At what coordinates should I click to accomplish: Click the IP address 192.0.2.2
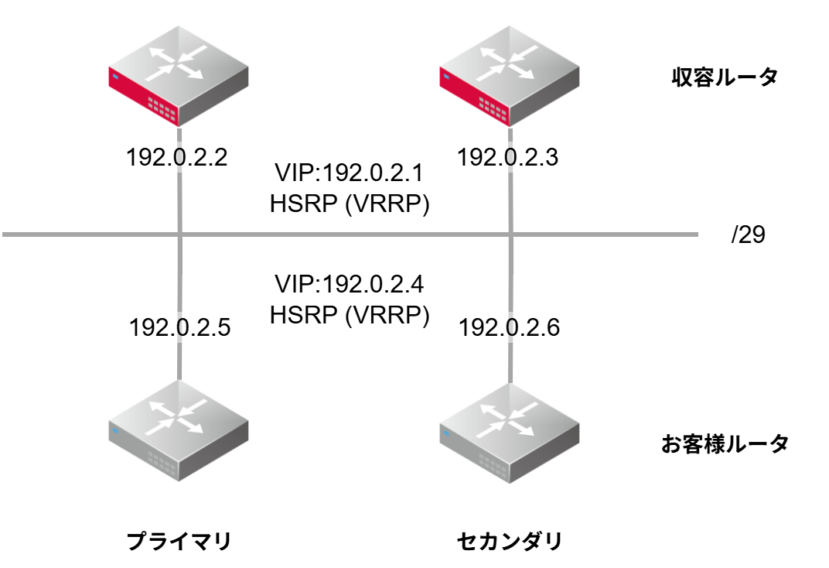pyautogui.click(x=176, y=159)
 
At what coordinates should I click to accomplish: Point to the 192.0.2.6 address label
pyautogui.click(x=509, y=327)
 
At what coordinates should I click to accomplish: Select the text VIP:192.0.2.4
pyautogui.click(x=350, y=285)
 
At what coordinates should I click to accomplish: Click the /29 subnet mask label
pyautogui.click(x=748, y=235)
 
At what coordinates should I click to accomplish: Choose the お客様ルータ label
pyautogui.click(x=725, y=443)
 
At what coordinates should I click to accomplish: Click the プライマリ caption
pyautogui.click(x=179, y=541)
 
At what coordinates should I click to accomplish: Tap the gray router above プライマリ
pyautogui.click(x=179, y=437)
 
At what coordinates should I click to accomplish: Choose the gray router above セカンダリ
pyautogui.click(x=510, y=437)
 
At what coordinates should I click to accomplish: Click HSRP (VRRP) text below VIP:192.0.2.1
pyautogui.click(x=350, y=205)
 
